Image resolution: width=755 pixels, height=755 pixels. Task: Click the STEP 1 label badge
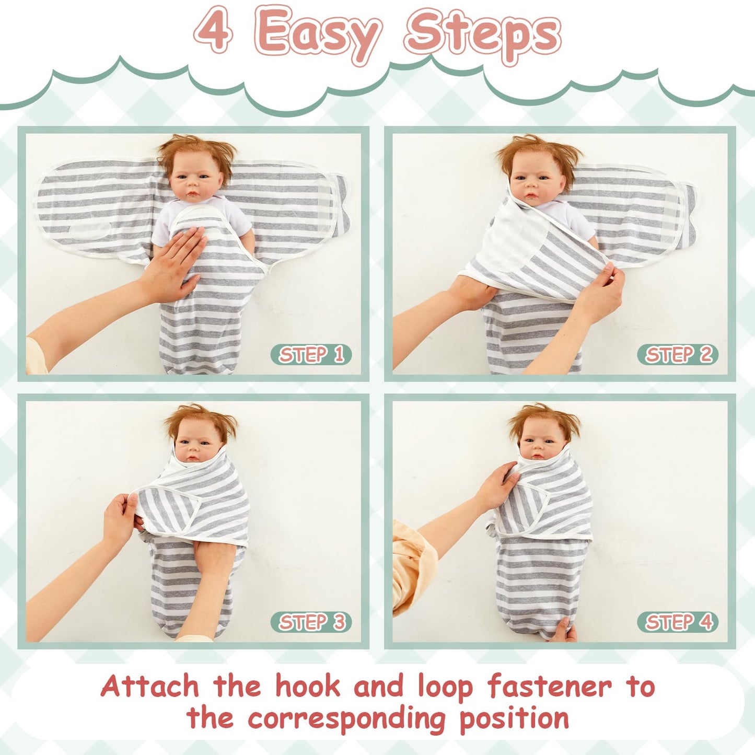pos(311,354)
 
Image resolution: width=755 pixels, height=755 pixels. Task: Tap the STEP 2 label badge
pos(678,354)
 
